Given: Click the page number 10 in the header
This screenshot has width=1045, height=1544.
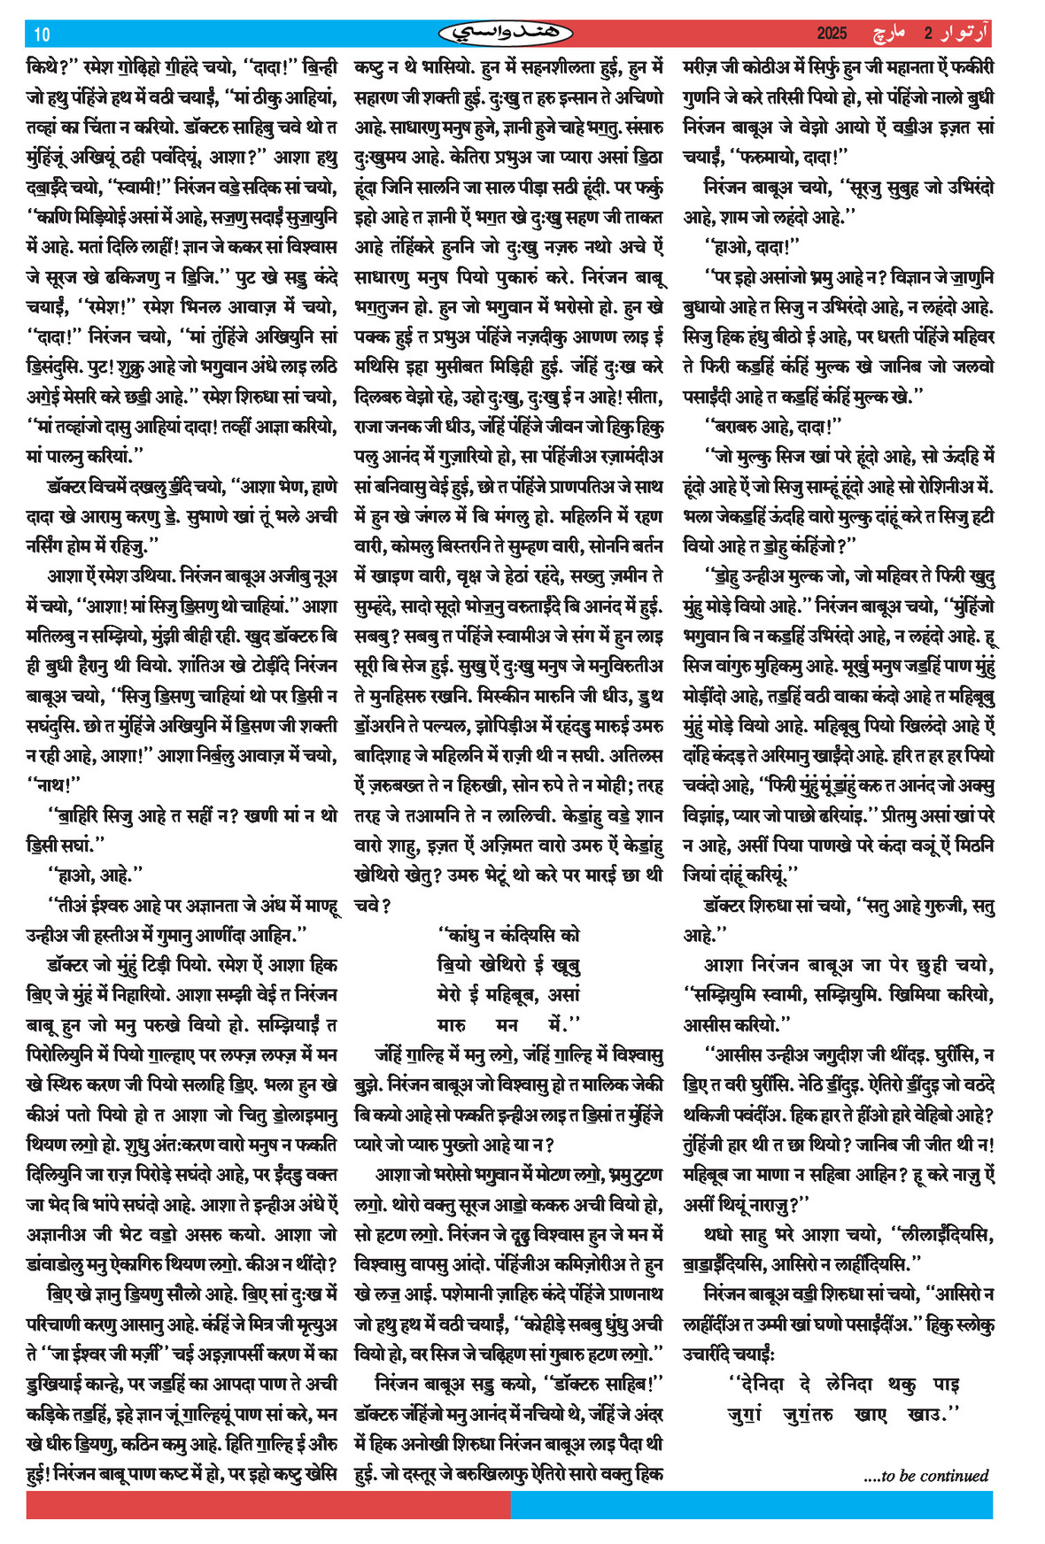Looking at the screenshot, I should pos(42,35).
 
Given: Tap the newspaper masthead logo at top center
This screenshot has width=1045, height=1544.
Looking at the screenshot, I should pos(506,34).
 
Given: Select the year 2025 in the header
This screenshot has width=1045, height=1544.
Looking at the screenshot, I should pos(832,35).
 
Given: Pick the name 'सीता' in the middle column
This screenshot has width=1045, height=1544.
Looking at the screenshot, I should pos(645,397).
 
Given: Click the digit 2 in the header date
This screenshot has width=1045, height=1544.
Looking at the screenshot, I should pos(928,35).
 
